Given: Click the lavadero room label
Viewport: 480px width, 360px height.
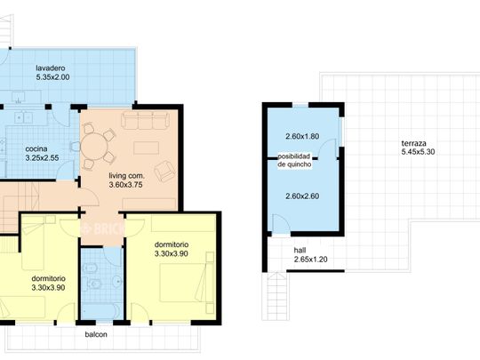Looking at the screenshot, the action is (51, 68).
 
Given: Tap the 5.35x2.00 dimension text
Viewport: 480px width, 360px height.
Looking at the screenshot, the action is (52, 77).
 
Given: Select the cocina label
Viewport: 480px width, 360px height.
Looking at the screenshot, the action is (36, 149).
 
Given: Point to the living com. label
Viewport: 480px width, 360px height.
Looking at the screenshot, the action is (127, 176).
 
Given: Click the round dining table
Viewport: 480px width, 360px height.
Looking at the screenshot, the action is (94, 147).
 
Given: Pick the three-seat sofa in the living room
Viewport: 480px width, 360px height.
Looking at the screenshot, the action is (145, 120).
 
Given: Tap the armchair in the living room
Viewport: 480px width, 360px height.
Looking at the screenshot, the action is (165, 171).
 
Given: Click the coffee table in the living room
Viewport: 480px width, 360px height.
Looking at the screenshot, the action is (147, 148).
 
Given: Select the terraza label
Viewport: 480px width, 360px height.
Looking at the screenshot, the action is (414, 143).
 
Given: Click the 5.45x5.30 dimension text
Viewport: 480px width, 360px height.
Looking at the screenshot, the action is (418, 152).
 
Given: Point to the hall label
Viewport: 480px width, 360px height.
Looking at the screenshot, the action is (300, 251).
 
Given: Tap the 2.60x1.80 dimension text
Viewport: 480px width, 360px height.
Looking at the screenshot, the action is (302, 137).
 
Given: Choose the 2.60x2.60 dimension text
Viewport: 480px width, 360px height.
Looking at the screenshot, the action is (302, 196).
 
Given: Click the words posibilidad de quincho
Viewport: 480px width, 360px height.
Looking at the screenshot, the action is (294, 160).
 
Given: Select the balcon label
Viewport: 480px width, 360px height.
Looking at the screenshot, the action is (96, 334).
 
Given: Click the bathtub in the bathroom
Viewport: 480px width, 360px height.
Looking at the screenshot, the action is (101, 311).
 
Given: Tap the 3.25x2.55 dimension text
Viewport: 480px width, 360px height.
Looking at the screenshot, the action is (43, 158).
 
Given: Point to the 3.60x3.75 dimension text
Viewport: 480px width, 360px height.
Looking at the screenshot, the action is (126, 185).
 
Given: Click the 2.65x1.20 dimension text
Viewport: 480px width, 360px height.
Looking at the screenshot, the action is (311, 260).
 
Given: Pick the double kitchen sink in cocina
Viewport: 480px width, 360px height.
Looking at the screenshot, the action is (24, 118).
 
